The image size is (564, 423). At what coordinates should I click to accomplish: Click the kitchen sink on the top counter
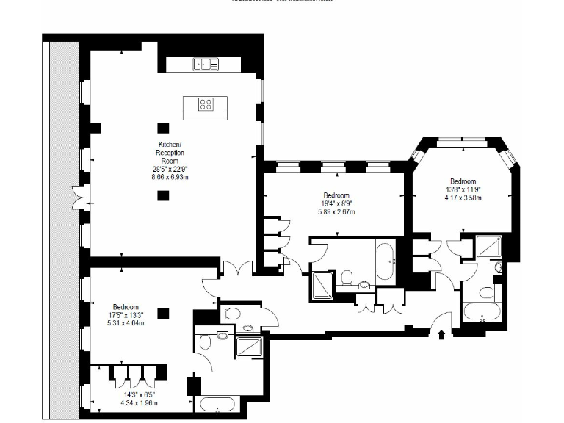point(206,65)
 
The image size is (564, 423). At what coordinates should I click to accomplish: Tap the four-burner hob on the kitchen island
point(206,104)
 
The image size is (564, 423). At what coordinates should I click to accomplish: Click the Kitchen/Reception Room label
point(170,152)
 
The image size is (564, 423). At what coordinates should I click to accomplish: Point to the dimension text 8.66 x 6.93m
point(170,177)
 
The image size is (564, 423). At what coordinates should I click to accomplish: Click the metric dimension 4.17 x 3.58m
point(463,198)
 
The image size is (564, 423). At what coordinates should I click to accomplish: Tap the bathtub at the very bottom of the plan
point(218,405)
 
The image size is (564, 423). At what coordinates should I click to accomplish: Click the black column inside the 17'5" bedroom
point(163,313)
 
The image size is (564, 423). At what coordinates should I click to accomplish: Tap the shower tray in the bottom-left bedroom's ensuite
point(250,345)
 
